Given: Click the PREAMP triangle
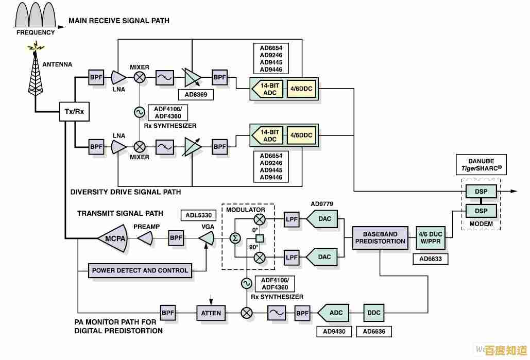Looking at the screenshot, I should (x=146, y=238).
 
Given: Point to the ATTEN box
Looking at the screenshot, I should (x=211, y=312).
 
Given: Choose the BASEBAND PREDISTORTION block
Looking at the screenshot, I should (x=380, y=237).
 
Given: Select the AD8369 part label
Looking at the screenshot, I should (x=195, y=95).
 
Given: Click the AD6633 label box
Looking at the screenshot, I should (x=430, y=259).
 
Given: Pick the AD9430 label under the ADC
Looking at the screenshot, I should (x=334, y=332).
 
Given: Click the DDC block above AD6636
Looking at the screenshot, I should (x=374, y=312).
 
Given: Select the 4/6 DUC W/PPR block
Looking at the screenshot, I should (x=431, y=237).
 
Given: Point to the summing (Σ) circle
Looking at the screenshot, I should (x=235, y=238).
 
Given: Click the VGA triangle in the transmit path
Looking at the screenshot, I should (x=207, y=238).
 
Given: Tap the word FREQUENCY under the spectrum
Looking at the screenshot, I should (x=36, y=32).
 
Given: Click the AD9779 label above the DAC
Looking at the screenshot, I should (x=323, y=204).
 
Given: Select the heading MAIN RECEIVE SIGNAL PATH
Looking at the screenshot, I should (x=119, y=21).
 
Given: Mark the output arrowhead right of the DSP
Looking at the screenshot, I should (x=514, y=192).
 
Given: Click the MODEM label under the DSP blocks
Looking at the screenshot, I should (x=481, y=224).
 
